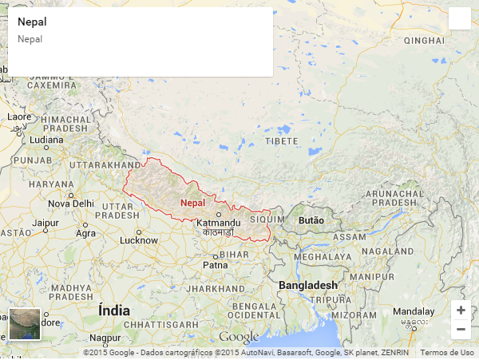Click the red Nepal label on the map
193,203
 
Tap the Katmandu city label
218,222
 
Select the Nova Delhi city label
71,204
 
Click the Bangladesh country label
308,285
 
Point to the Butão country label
311,220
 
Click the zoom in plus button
461,310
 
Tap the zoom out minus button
461,329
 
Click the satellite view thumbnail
24,324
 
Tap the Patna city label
216,264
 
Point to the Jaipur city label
46,223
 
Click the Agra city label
85,234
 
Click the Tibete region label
281,140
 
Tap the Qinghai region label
424,40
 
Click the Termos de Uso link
446,352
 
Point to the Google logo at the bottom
239,338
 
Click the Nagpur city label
105,338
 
